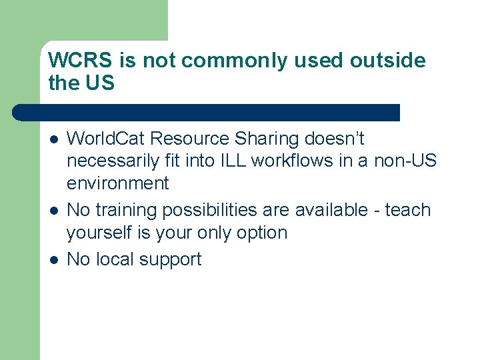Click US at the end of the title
[x=100, y=83]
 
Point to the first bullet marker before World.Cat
[x=54, y=139]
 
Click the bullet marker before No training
[x=54, y=211]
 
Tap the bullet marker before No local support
[x=54, y=260]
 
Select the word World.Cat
[x=107, y=139]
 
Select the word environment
[x=118, y=183]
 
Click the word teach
[x=408, y=210]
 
